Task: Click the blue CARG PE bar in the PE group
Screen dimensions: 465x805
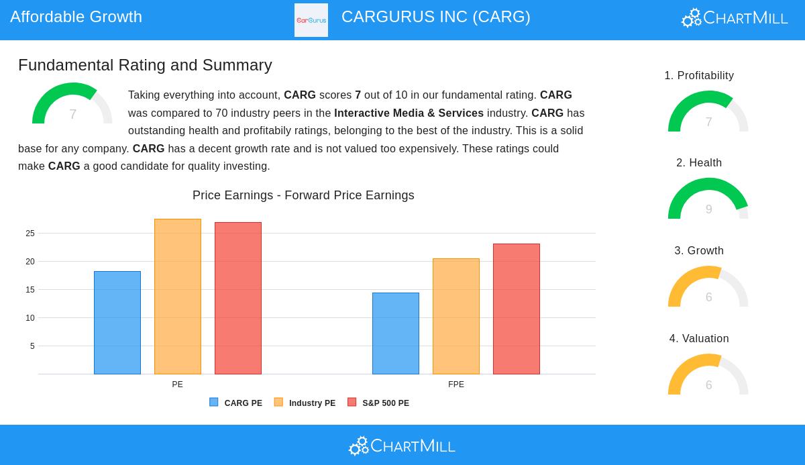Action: tap(117, 323)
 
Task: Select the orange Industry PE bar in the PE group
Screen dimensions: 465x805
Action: tap(178, 297)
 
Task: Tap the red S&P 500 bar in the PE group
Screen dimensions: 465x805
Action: tap(238, 298)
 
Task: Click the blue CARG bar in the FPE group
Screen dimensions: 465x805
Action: tap(396, 333)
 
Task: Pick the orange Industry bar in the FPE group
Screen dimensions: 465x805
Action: tap(456, 316)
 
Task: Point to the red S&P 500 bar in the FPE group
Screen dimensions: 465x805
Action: tap(517, 309)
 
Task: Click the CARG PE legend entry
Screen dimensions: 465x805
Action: tap(236, 403)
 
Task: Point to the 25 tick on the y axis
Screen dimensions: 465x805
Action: tap(30, 234)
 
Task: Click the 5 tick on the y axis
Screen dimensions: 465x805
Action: tap(32, 346)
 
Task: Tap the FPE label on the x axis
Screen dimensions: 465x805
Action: tap(456, 384)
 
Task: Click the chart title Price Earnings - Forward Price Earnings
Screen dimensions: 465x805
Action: tap(303, 195)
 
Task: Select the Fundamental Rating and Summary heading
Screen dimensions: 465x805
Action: tap(145, 65)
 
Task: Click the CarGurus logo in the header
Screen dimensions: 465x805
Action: tap(311, 20)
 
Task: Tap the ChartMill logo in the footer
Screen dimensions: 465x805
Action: tap(402, 446)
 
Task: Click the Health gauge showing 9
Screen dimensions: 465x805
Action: tap(708, 200)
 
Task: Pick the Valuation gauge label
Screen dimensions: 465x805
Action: tap(699, 339)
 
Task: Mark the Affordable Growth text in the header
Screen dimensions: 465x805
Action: tap(76, 17)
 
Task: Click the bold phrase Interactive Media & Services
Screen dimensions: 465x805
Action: tap(409, 113)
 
